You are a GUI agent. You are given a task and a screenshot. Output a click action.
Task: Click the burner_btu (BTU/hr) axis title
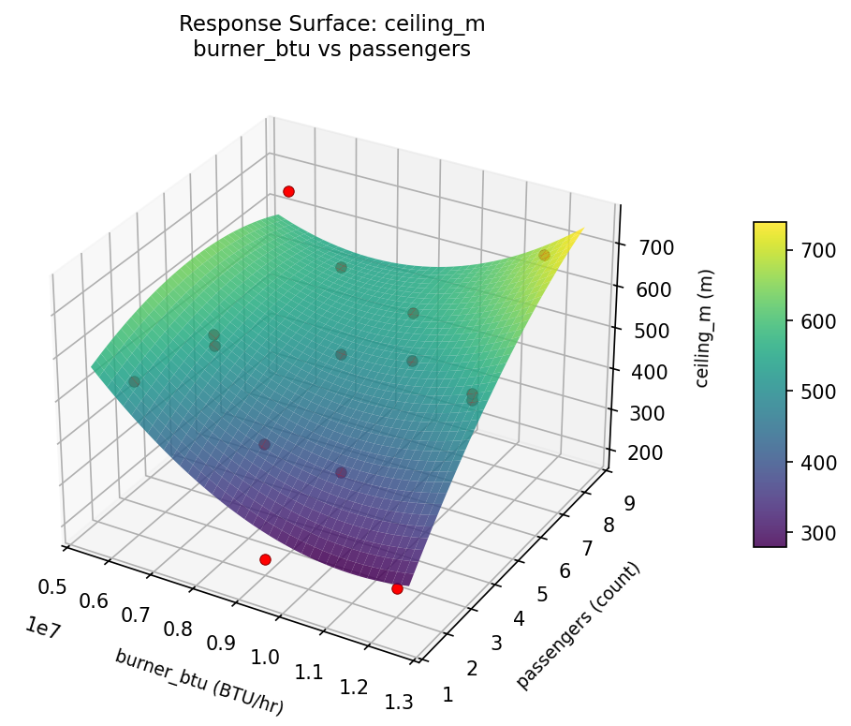click(198, 683)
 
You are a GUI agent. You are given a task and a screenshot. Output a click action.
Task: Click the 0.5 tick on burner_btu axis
click(53, 587)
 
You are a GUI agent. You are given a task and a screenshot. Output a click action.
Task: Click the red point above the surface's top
click(288, 191)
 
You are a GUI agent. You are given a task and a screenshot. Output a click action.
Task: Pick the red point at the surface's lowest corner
click(397, 588)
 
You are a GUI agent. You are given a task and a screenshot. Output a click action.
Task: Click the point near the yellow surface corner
click(544, 255)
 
